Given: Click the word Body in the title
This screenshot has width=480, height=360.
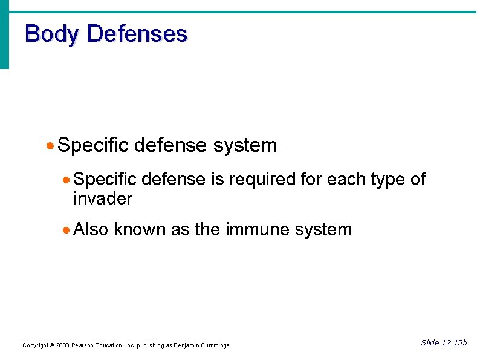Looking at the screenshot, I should click(52, 34).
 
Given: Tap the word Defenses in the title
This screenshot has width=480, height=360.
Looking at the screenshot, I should click(137, 34).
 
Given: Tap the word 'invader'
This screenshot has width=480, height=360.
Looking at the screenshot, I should click(102, 198).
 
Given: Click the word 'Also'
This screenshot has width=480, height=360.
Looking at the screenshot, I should click(91, 230).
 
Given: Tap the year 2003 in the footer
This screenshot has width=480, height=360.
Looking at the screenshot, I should click(62, 345).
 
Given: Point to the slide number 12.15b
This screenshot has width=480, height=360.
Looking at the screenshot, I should click(455, 343).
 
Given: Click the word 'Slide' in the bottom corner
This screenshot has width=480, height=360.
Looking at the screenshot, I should click(430, 343).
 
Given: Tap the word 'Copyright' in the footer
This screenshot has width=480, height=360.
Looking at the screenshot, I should click(35, 345).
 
